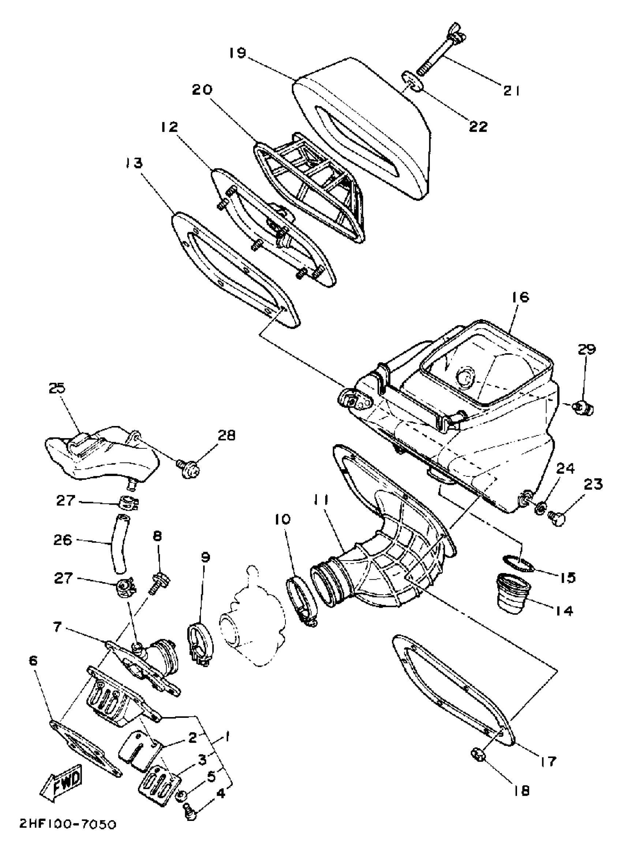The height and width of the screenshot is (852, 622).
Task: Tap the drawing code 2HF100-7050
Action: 68,833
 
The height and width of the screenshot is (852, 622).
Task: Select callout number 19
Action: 237,53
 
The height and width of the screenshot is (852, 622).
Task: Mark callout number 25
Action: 56,388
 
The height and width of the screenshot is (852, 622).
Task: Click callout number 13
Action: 134,163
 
